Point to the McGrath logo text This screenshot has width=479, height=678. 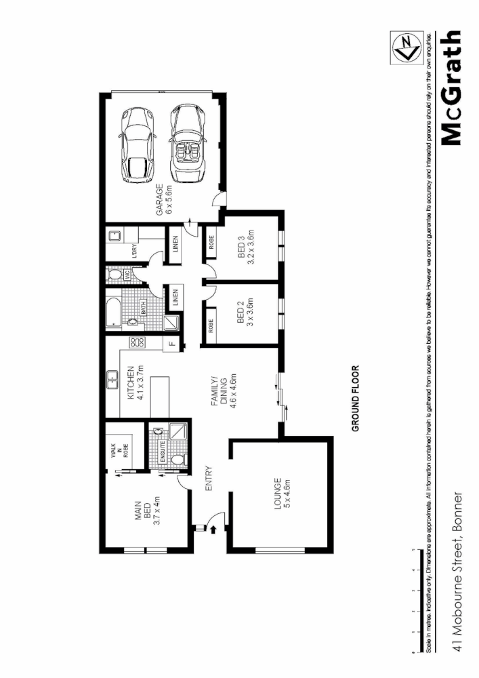click(x=451, y=88)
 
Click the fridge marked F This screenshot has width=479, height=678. click(x=171, y=344)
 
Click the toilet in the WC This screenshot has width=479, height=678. click(x=115, y=276)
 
